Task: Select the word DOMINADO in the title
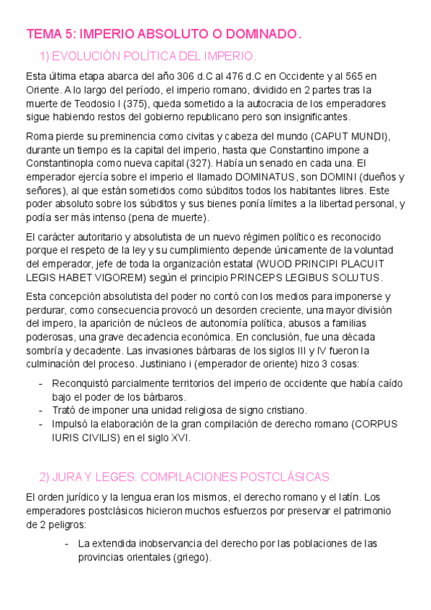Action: pos(258,35)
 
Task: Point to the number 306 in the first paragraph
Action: pos(191,76)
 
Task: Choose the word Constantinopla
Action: pos(63,163)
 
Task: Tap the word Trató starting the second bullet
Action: pos(66,410)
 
